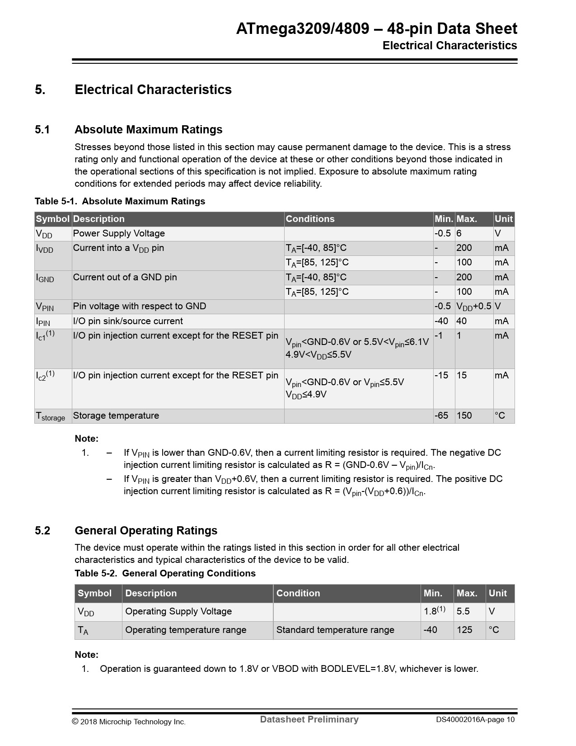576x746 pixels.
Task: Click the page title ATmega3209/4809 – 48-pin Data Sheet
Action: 376,29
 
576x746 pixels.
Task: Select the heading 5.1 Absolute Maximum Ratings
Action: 148,130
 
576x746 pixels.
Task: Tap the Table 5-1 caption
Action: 120,201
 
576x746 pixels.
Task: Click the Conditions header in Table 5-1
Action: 310,219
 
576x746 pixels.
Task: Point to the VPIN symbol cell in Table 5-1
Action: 45,307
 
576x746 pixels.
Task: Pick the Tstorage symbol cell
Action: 50,416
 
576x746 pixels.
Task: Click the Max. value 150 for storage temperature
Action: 464,415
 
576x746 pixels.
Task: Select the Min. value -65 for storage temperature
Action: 441,415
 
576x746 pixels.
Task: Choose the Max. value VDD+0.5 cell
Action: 473,307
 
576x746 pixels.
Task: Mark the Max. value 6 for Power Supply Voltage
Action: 459,233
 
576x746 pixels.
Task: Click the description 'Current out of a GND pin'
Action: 125,277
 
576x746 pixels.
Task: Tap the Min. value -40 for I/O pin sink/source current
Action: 441,321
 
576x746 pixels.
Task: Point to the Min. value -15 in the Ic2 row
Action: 441,375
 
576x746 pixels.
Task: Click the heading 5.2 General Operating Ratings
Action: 145,530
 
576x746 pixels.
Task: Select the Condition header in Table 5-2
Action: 298,593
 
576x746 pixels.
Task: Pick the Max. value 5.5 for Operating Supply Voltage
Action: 463,611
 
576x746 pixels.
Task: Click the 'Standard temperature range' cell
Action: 335,630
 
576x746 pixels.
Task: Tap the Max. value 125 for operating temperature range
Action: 464,630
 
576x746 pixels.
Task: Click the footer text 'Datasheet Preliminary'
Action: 309,719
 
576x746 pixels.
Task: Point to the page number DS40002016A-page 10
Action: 475,720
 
